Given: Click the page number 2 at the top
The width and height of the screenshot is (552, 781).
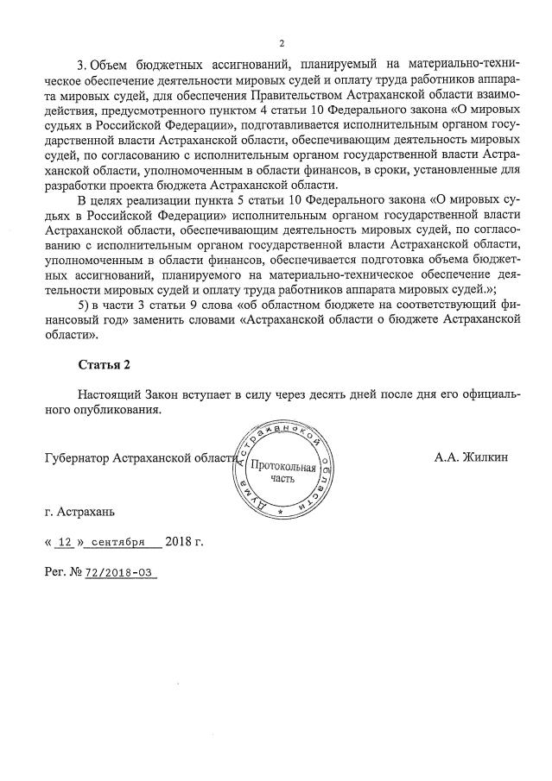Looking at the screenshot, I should point(281,43).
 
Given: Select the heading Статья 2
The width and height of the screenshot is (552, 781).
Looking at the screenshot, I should point(104,364).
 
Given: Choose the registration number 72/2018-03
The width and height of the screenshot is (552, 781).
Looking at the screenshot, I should point(121,573).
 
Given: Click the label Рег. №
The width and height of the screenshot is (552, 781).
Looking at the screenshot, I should point(61,572).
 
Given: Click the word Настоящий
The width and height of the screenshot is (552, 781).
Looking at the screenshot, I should point(111,394).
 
